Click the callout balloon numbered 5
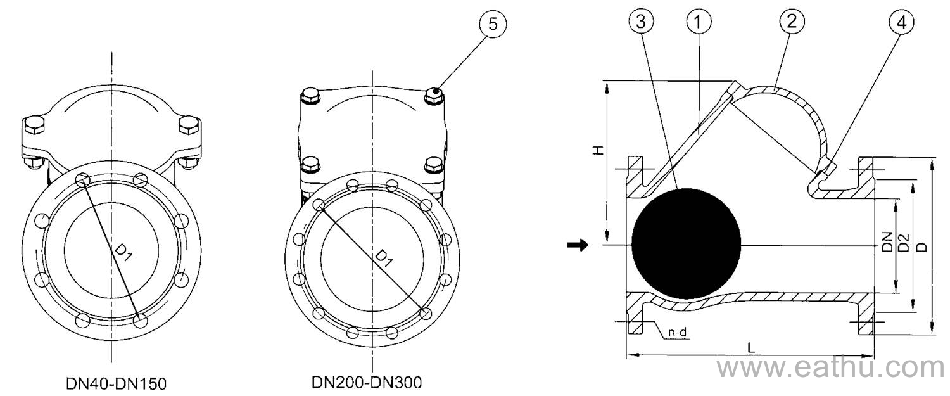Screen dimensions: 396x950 tap(492, 25)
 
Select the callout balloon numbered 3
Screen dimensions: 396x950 tap(642, 22)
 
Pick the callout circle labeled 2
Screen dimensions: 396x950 tap(791, 22)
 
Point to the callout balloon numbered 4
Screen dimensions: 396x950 tap(901, 22)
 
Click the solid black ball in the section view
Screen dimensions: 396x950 tap(687, 244)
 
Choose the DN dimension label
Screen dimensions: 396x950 tap(886, 242)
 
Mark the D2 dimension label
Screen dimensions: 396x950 tap(904, 242)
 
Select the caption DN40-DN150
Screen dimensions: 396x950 tap(117, 384)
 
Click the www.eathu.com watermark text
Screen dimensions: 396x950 tap(830, 367)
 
